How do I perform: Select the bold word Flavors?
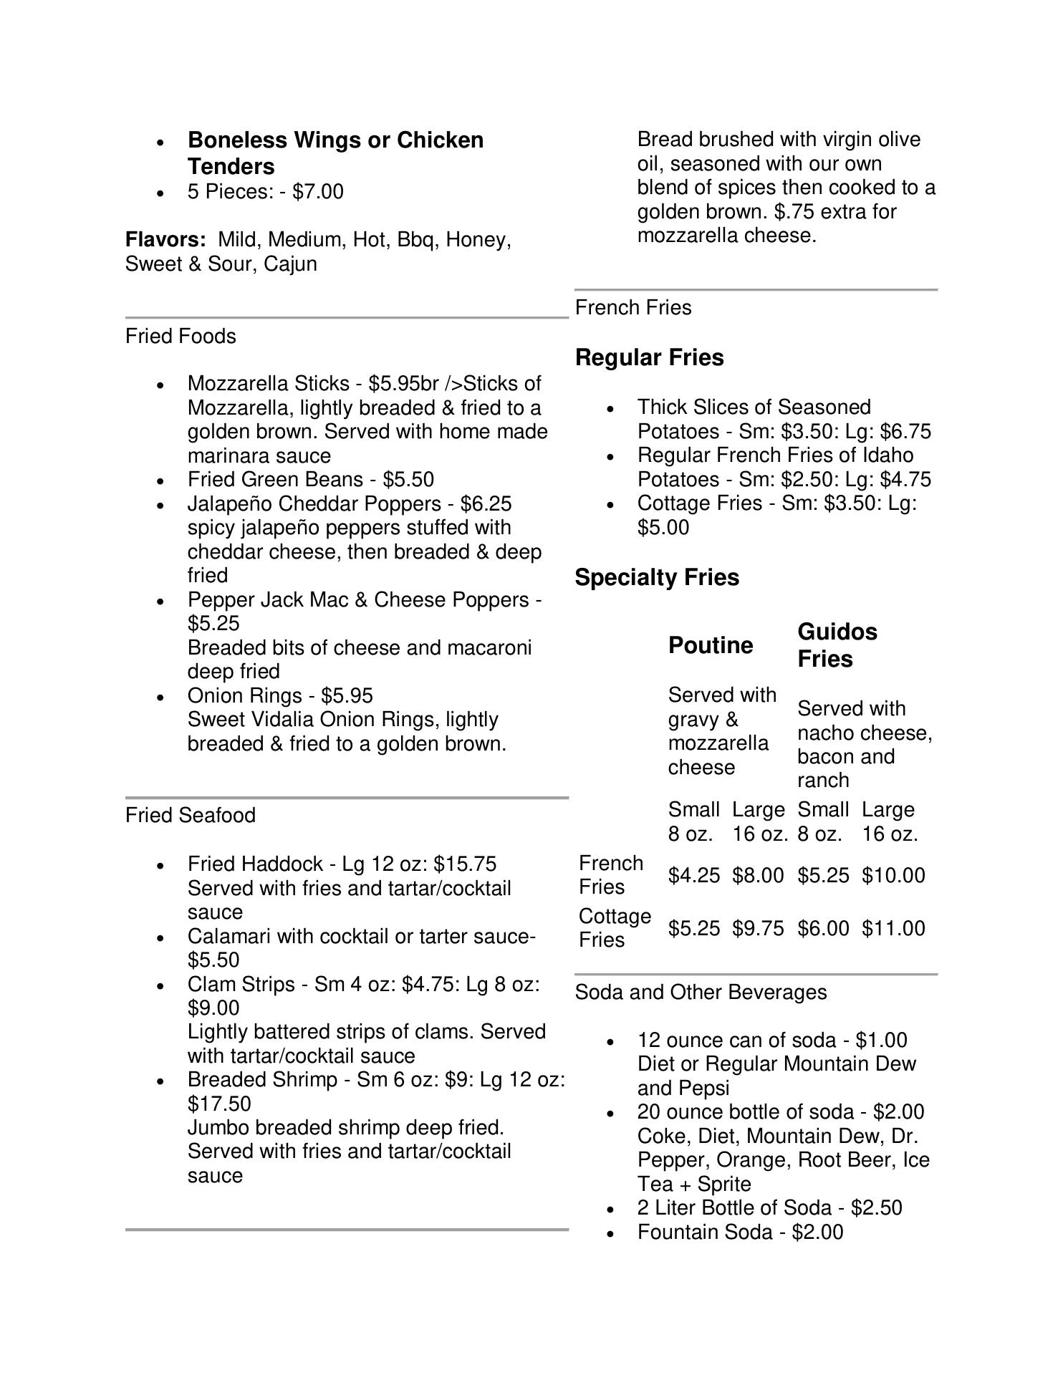pyautogui.click(x=165, y=239)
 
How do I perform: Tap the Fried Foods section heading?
pyautogui.click(x=181, y=336)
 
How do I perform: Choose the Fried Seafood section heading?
pyautogui.click(x=191, y=815)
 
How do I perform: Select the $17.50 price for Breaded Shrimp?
pyautogui.click(x=219, y=1103)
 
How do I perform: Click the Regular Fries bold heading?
pyautogui.click(x=649, y=357)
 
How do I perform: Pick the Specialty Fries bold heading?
pyautogui.click(x=657, y=577)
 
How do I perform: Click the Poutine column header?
pyautogui.click(x=711, y=645)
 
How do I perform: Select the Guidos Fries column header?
pyautogui.click(x=837, y=645)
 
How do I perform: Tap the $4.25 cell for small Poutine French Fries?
pyautogui.click(x=693, y=875)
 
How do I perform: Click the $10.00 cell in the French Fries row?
pyautogui.click(x=893, y=875)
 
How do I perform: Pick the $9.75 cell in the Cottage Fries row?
pyautogui.click(x=758, y=928)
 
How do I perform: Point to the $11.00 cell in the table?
pyautogui.click(x=893, y=928)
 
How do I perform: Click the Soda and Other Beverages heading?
pyautogui.click(x=701, y=992)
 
